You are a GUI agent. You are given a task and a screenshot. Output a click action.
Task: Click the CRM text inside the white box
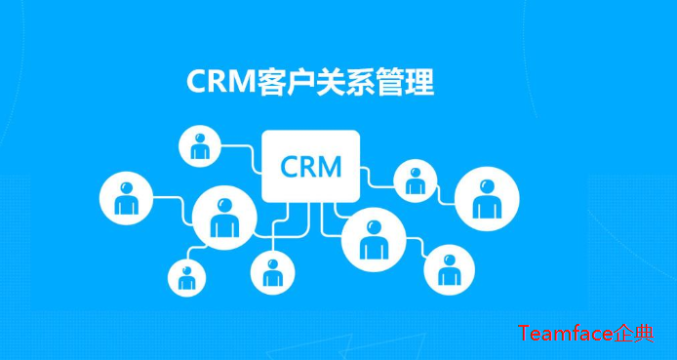pyautogui.click(x=311, y=166)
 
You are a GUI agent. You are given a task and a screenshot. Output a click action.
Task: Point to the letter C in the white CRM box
pyautogui.click(x=291, y=166)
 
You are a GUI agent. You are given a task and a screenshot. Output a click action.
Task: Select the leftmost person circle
pyautogui.click(x=126, y=199)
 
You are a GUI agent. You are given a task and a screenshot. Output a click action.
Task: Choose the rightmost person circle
pyautogui.click(x=485, y=198)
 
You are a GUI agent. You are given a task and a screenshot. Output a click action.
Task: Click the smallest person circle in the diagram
pyautogui.click(x=186, y=278)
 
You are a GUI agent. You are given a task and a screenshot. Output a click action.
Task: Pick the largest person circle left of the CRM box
pyautogui.click(x=224, y=217)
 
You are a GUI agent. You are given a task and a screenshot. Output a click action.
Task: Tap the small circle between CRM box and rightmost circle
pyautogui.click(x=415, y=180)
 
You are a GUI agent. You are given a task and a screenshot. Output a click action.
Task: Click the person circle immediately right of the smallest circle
pyautogui.click(x=270, y=273)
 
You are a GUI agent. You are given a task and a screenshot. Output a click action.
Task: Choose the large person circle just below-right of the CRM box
pyautogui.click(x=372, y=237)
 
